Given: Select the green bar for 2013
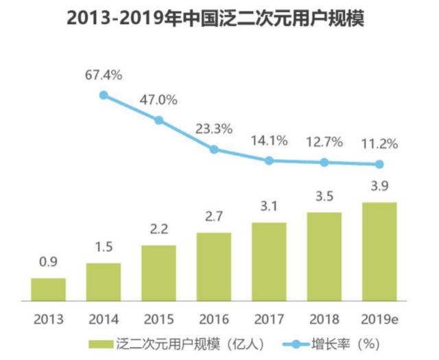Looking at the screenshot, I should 49,289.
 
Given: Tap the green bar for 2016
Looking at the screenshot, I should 214,266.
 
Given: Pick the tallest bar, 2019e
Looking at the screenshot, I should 379,251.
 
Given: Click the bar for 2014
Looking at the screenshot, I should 104,281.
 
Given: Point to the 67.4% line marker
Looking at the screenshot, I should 104,95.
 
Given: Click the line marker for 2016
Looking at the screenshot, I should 214,149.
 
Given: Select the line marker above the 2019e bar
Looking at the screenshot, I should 379,165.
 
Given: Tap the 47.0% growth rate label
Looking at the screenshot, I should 159,99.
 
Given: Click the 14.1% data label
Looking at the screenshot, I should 270,141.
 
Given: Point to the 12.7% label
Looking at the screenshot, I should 324,143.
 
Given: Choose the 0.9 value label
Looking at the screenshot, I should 48,262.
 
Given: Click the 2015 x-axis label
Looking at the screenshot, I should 158,319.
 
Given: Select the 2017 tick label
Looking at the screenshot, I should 270,319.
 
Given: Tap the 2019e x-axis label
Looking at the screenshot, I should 379,319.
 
